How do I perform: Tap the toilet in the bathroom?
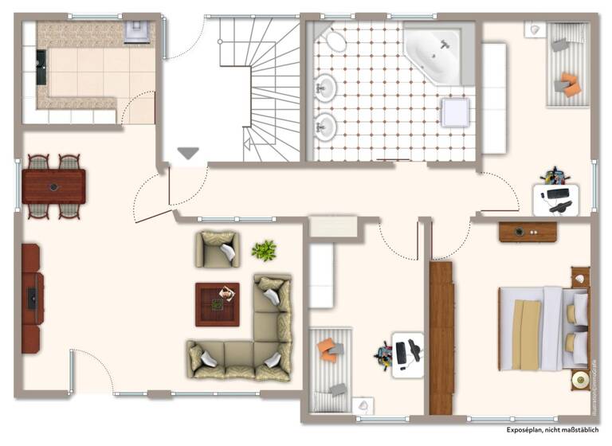tap(336, 41)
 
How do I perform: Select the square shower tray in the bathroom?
tap(456, 111)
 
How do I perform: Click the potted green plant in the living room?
tap(264, 250)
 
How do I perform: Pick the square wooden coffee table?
tap(218, 304)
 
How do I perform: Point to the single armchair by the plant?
tap(217, 249)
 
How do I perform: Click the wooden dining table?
tap(53, 186)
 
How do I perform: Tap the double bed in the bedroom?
tap(542, 328)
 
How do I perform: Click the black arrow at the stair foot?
tap(188, 153)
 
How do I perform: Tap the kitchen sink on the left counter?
tap(41, 68)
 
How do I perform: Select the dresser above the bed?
tap(528, 231)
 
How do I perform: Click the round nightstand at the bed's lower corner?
tap(579, 381)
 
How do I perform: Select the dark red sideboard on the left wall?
tap(31, 298)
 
